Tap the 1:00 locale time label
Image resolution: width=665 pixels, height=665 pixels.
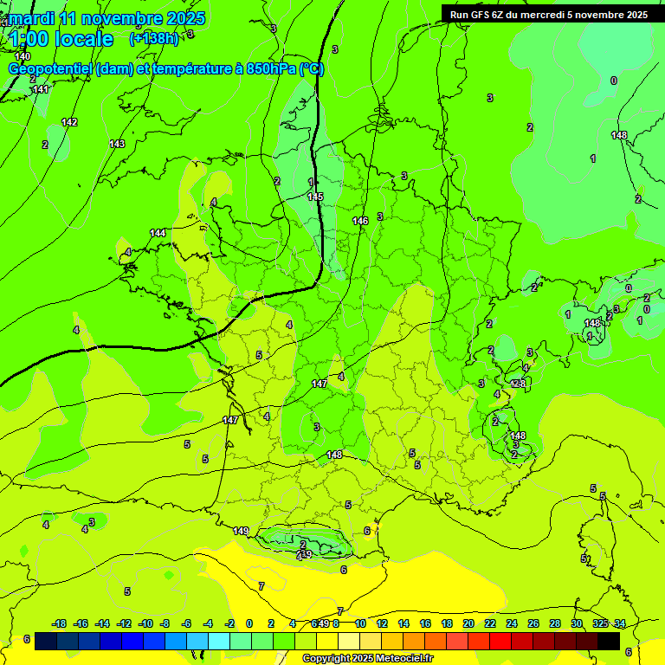[x=61, y=39]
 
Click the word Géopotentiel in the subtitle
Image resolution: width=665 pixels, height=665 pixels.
[x=50, y=69]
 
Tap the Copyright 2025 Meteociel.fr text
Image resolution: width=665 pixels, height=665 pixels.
[x=367, y=658]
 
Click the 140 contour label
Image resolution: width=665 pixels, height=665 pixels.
[x=23, y=56]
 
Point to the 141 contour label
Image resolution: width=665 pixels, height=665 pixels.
[x=41, y=89]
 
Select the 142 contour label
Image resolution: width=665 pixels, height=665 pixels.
[x=70, y=122]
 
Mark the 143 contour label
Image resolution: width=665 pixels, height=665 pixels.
[x=117, y=144]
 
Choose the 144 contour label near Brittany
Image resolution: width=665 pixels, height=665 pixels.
[x=158, y=233]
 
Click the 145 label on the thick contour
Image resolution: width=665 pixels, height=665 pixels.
[x=315, y=197]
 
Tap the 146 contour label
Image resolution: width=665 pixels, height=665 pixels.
[x=360, y=221]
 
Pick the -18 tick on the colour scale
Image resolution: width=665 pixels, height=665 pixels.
[x=60, y=623]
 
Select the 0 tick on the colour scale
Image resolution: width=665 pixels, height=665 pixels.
[x=249, y=623]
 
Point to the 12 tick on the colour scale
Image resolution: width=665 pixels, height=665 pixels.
[x=382, y=623]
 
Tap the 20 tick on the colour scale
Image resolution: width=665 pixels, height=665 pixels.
[x=468, y=623]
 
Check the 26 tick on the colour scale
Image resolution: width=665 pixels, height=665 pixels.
[x=533, y=623]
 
